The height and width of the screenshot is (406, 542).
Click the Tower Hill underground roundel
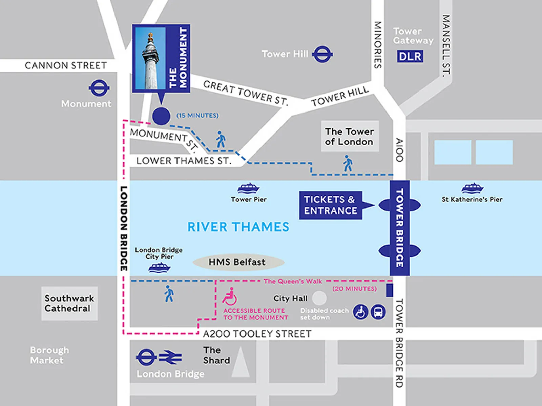[322, 54]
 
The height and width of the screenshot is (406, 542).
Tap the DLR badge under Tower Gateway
[410, 56]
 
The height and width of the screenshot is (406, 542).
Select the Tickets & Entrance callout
[331, 205]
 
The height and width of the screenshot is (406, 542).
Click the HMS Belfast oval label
[238, 262]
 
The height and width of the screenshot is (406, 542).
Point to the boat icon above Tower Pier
[249, 188]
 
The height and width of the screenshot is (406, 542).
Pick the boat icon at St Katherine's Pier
[473, 188]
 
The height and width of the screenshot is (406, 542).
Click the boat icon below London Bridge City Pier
[159, 268]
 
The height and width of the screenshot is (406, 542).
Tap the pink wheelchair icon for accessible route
[230, 297]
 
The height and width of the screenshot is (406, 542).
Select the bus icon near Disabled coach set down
[378, 312]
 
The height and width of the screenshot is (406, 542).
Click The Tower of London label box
[350, 136]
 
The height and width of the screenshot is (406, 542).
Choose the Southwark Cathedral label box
[69, 303]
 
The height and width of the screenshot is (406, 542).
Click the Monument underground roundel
[99, 88]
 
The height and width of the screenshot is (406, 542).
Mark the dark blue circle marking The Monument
[161, 116]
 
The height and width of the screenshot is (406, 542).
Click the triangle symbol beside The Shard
[241, 363]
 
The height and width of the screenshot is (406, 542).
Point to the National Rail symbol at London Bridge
[170, 358]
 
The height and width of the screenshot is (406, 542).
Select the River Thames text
[238, 227]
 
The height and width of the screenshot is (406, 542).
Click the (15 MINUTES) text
[197, 116]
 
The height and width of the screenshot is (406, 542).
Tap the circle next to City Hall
[319, 299]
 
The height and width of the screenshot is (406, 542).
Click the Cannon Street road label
[66, 65]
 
